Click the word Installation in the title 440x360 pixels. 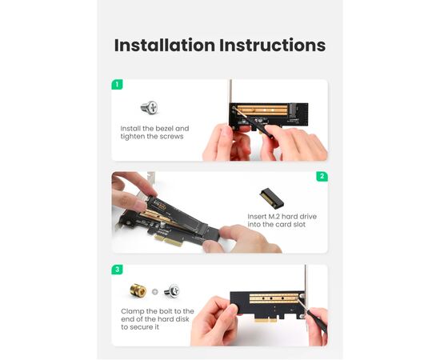pos(165,45)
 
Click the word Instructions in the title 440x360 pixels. pos(272,45)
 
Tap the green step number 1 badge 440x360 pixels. pos(117,84)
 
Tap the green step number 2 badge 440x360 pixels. pos(322,176)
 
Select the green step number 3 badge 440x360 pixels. pos(117,270)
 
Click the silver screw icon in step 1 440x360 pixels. pos(150,108)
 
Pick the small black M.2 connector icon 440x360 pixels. pos(271,198)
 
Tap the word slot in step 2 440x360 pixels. pos(299,225)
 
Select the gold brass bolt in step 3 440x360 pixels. pos(138,290)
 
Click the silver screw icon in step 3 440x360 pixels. pos(172,290)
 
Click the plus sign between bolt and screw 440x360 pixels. pos(155,292)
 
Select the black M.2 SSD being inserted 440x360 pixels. pos(182,218)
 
